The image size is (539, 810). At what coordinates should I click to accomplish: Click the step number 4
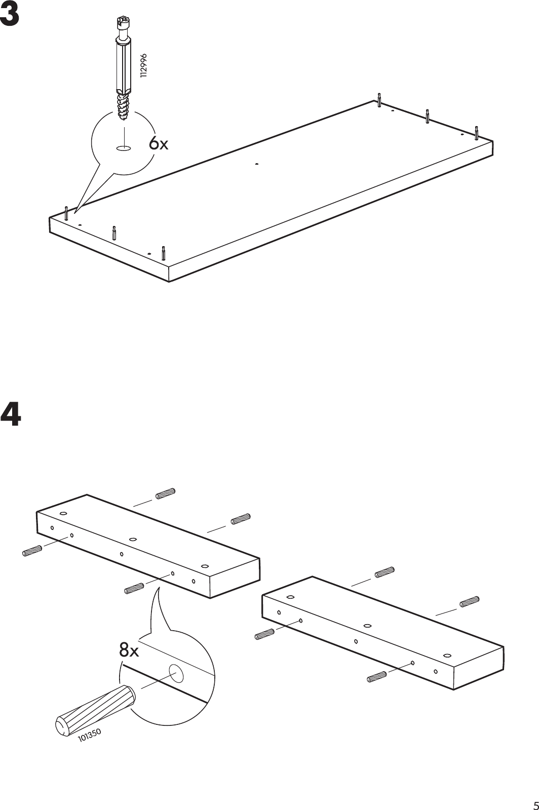coord(11,413)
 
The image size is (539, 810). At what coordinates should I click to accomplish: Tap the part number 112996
coord(144,64)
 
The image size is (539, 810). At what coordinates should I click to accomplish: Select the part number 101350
coord(90,736)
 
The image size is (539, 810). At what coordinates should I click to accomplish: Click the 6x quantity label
coord(158,144)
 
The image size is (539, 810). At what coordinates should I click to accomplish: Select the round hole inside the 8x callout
coord(177,673)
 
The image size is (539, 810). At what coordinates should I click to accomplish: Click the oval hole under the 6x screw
coord(123,148)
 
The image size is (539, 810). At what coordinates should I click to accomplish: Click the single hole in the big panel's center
coord(257,164)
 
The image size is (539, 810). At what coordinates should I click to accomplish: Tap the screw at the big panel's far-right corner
coord(476,132)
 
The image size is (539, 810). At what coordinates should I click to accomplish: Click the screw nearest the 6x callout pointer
coord(66,213)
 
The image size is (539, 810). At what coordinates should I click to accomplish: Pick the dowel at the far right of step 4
coord(469,602)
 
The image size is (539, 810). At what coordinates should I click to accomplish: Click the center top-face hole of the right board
coord(368,625)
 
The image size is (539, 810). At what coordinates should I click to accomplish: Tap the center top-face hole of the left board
coord(133,539)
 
